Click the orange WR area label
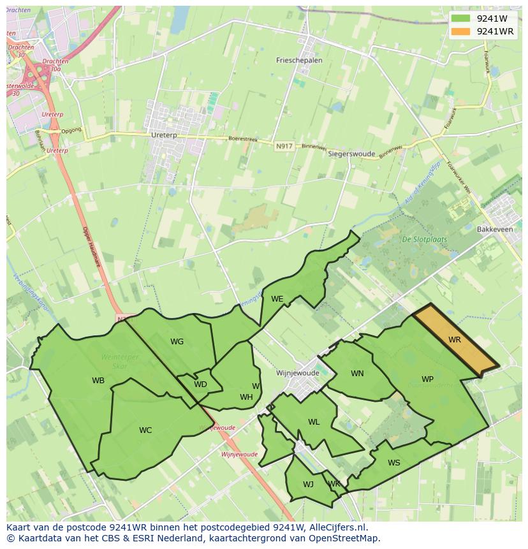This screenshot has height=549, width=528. [454, 340]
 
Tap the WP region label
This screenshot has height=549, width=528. [427, 379]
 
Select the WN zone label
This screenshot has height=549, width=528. [357, 374]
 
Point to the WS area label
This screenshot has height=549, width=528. [394, 463]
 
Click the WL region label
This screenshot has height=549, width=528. [314, 422]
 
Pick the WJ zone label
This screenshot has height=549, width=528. [308, 485]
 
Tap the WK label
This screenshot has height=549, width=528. [334, 484]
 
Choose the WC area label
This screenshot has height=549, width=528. [145, 430]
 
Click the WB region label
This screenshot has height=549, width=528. [98, 381]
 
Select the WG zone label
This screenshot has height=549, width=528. [177, 342]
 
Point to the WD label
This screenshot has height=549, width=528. [200, 384]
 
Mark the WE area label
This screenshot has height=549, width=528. [277, 299]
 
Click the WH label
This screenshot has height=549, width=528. [246, 397]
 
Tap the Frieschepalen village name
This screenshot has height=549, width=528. [299, 61]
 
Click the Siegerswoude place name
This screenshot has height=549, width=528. [351, 154]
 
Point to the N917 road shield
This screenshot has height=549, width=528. [284, 147]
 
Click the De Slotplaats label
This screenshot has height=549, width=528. [424, 240]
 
